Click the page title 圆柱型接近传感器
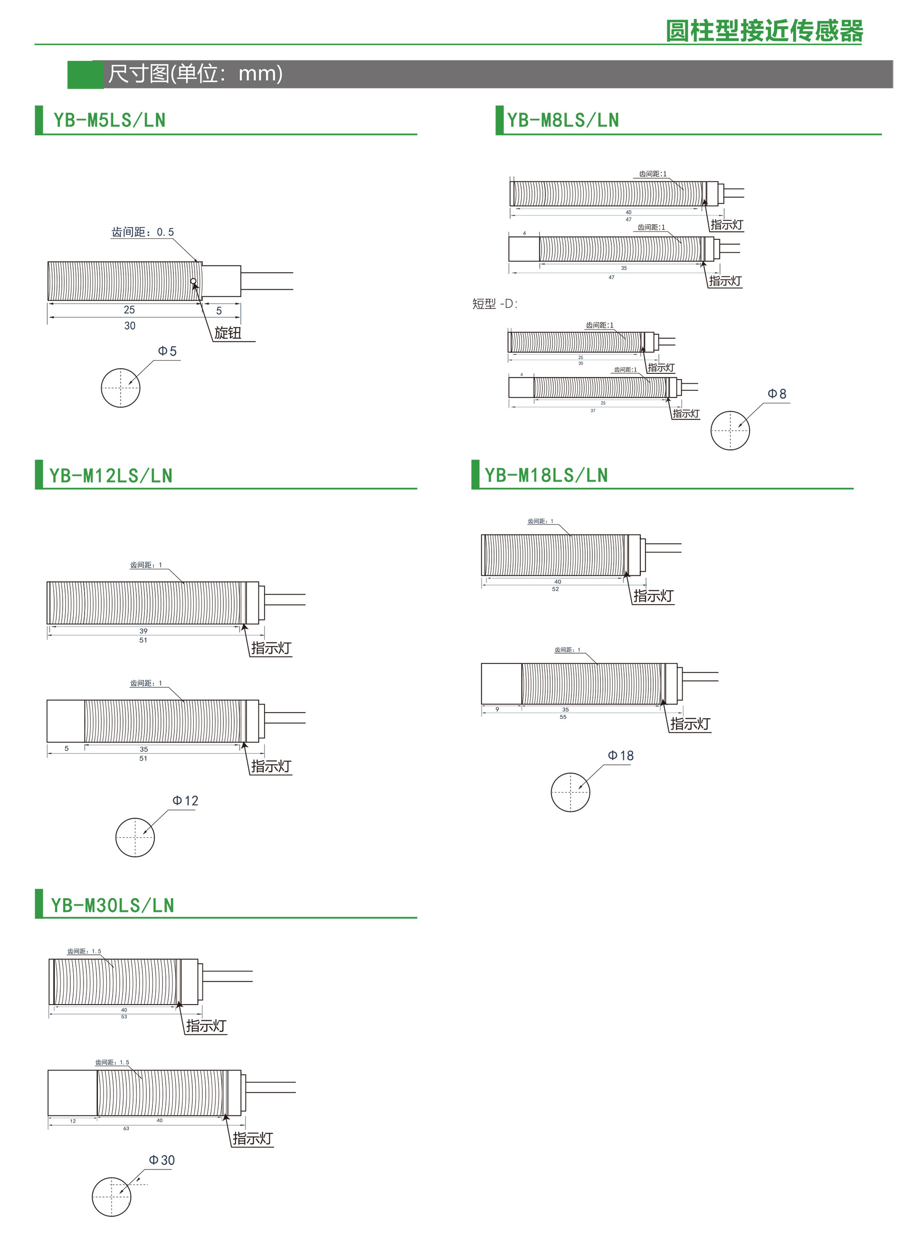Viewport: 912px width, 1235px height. click(764, 30)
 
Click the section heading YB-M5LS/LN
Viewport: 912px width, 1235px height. click(109, 120)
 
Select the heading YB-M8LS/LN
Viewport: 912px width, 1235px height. click(563, 120)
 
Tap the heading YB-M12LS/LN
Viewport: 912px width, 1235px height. click(111, 475)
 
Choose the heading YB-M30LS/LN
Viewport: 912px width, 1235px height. click(113, 905)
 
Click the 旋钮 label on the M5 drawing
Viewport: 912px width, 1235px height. click(228, 333)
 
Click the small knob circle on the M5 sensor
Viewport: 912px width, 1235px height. click(193, 282)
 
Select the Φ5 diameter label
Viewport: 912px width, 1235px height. click(167, 351)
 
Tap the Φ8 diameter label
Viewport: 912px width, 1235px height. click(777, 394)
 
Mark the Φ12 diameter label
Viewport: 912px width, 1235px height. click(186, 800)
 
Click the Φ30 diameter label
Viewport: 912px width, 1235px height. click(162, 1160)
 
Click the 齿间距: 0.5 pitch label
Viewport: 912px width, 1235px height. click(142, 232)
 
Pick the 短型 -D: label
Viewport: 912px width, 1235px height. click(494, 304)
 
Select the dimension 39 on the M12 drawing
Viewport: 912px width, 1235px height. click(143, 630)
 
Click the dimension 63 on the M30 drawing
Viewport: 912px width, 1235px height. click(126, 1129)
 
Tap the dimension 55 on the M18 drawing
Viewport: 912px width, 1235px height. click(563, 717)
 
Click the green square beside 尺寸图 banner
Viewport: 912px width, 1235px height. click(85, 75)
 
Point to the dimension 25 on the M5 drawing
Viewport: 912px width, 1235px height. click(129, 310)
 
